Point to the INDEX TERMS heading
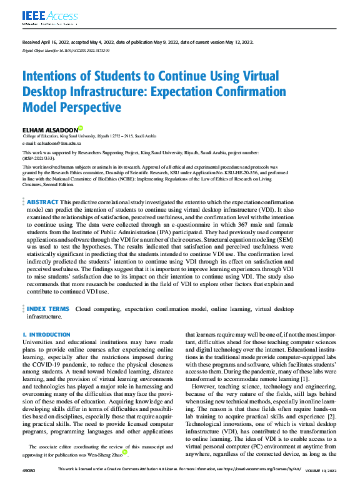coord(48,309)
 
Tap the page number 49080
coord(29,485)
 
